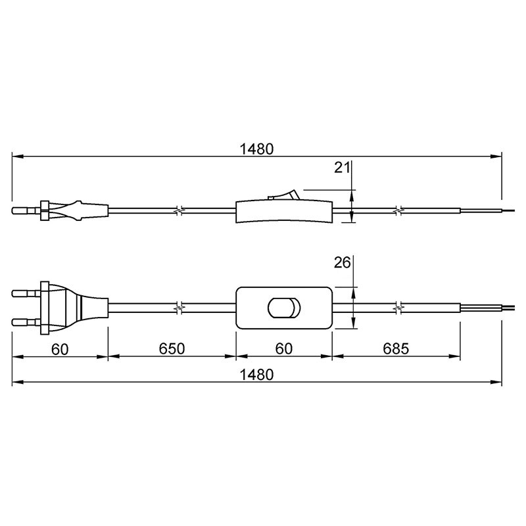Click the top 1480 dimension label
(256, 149)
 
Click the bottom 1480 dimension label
(256, 375)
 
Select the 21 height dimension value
(342, 168)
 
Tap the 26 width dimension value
(342, 262)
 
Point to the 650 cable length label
(172, 349)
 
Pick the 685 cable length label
(396, 349)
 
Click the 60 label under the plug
(60, 349)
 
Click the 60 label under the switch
(284, 349)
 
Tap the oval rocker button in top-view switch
(284, 307)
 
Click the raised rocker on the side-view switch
(283, 195)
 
